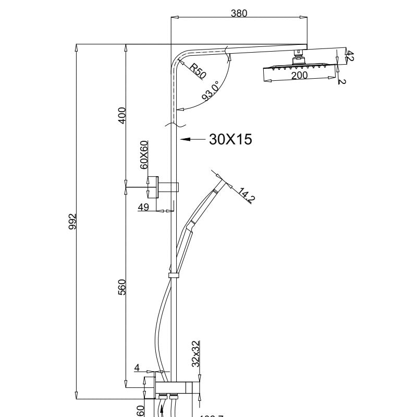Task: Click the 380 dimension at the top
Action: tap(239, 14)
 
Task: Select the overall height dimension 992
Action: tap(73, 221)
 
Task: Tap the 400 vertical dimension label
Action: tap(122, 115)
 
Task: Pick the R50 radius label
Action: tap(197, 71)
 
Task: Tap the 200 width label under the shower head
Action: tap(299, 75)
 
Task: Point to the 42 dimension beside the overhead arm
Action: tap(350, 56)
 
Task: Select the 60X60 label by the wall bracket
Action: tap(144, 154)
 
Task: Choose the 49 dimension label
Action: tap(144, 207)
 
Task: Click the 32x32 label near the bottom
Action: tap(195, 354)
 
